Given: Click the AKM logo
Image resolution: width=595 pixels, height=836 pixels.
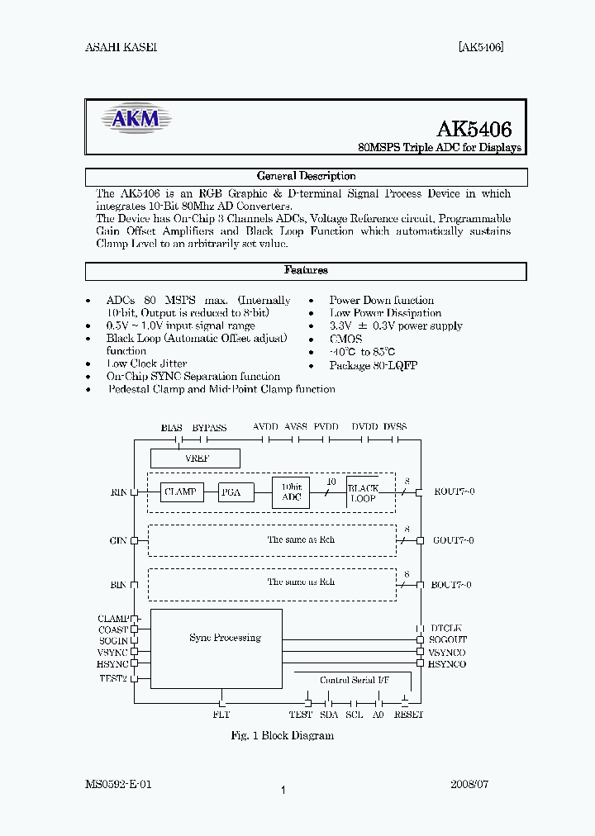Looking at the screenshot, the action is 136,120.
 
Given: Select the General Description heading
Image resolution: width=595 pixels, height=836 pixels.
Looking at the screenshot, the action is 306,176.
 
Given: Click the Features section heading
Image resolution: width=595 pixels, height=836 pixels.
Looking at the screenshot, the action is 306,270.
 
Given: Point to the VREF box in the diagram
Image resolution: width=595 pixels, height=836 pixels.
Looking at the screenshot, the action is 196,458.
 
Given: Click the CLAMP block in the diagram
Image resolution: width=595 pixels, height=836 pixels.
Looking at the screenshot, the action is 181,492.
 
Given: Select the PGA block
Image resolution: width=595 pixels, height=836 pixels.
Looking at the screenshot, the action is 231,492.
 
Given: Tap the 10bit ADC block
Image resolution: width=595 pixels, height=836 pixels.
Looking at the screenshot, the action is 291,492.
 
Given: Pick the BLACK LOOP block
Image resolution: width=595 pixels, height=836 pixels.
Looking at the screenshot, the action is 363,493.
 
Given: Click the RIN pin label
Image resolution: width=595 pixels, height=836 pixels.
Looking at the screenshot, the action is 119,492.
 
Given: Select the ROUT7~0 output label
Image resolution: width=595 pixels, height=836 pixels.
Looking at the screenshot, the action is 454,492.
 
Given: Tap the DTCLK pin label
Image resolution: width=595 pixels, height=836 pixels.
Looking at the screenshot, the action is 446,629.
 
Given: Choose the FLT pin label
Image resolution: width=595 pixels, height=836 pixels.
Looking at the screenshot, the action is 221,715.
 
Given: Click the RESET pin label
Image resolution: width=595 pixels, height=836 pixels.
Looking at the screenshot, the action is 408,715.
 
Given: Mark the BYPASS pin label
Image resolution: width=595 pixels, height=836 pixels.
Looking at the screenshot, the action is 209,427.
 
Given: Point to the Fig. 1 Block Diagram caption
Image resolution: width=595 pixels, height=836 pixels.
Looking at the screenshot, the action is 282,735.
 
